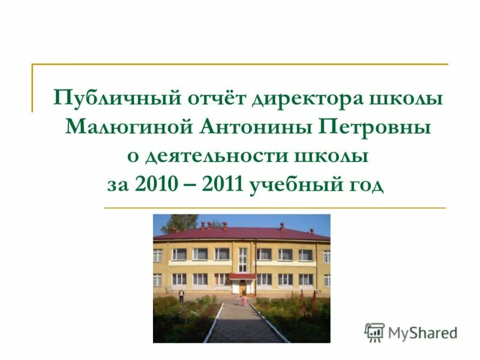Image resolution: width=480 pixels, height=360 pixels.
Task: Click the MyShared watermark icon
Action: [374, 332]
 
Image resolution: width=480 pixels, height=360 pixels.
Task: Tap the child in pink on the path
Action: [244, 298]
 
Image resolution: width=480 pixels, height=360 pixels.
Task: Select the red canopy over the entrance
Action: [242, 276]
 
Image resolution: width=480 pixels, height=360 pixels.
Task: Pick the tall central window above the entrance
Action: [242, 259]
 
